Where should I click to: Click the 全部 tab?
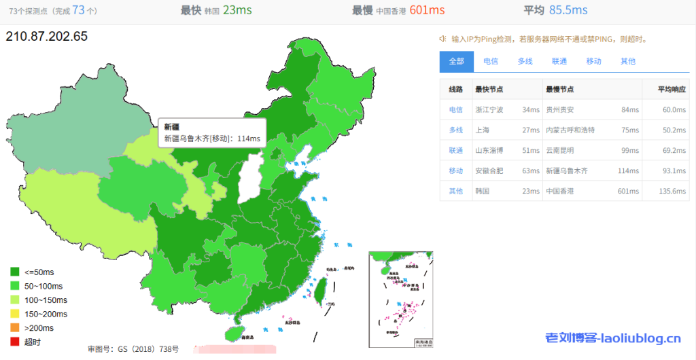click(x=456, y=61)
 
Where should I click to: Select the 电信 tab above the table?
click(x=490, y=61)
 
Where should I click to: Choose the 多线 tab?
click(x=525, y=61)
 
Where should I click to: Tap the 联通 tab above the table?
click(x=559, y=61)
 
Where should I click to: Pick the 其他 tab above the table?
click(x=627, y=61)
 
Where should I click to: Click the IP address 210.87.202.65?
click(x=47, y=37)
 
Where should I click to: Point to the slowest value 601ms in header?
click(x=427, y=10)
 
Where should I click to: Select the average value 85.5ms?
click(x=568, y=10)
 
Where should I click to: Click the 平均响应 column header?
click(x=672, y=89)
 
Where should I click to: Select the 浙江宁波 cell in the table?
click(x=489, y=109)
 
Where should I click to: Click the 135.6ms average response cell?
click(x=672, y=191)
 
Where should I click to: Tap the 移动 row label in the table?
click(x=455, y=170)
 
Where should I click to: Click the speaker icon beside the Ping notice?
click(x=443, y=39)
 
